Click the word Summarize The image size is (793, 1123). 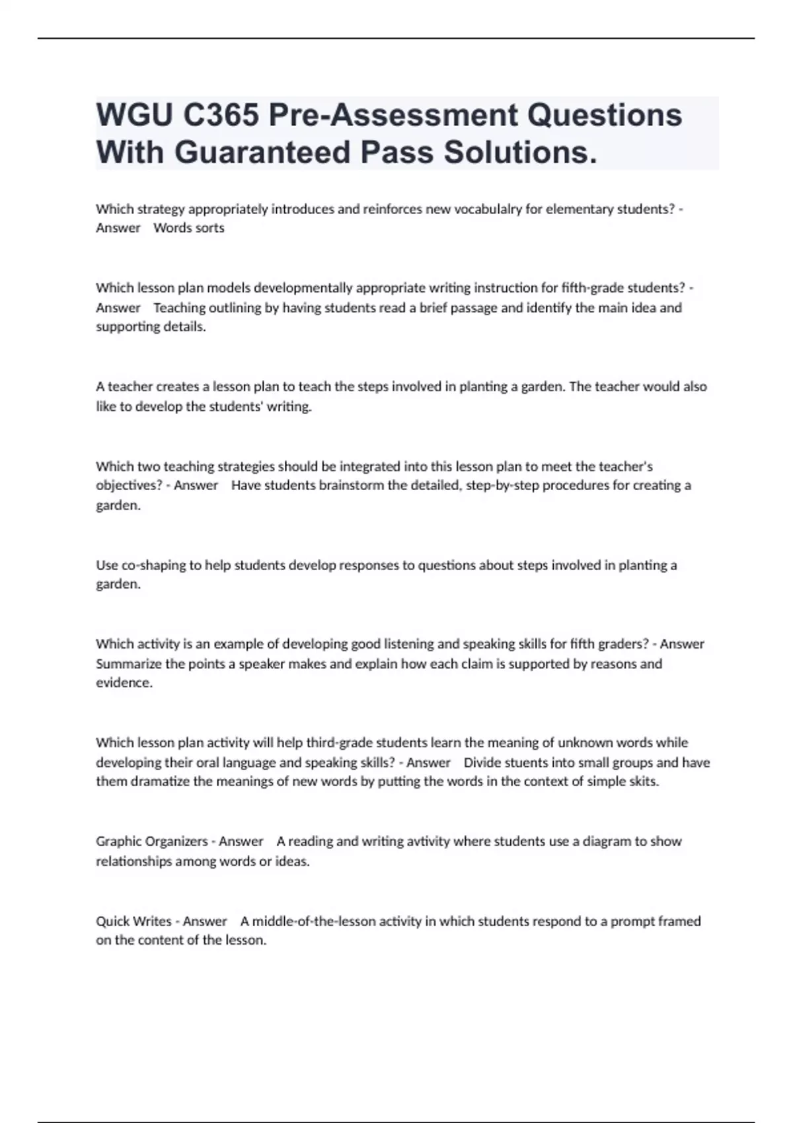coord(129,664)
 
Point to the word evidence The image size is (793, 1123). coord(124,683)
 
